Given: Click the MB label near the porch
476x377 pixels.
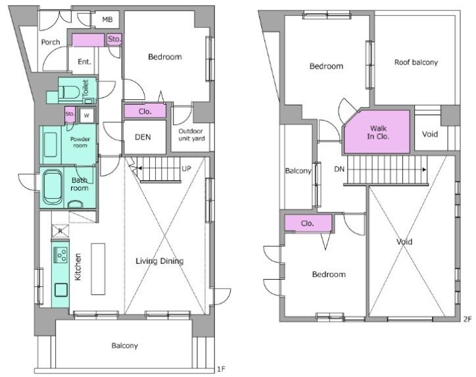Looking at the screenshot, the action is pos(107,20).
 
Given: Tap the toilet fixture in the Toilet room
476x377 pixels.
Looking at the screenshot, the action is pos(69,92).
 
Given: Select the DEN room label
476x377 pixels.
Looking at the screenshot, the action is pos(143,137).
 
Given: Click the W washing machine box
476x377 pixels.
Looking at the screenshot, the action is pos(87,115).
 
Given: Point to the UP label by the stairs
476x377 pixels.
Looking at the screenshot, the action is pos(186,168).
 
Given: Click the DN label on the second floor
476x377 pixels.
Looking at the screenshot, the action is pos(339,169).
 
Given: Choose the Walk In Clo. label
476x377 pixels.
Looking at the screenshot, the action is pos(378,132).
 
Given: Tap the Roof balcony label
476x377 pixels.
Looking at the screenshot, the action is pos(416,63).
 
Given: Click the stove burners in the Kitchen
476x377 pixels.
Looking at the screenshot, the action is pos(60,255).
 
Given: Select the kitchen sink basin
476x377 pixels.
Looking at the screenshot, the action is pos(61,289).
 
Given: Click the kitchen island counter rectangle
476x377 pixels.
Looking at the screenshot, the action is pos(98,269).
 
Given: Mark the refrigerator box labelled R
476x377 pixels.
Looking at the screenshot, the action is pos(60,231).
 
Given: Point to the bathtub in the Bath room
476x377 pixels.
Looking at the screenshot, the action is pos(52,187).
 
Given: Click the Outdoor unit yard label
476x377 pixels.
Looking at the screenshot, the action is pos(191,135).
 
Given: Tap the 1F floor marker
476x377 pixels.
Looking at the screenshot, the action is pos(221,369).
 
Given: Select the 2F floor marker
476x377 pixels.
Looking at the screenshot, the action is pos(467,319).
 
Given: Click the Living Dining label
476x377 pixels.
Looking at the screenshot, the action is pos(159,261).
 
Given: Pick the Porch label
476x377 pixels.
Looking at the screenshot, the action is pos(51,42).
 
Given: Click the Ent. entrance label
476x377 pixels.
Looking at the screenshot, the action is pos(84,62).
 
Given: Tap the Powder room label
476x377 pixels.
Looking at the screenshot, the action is pos(80,142).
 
